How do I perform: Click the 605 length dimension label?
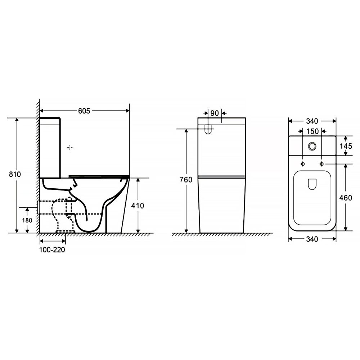[84, 111]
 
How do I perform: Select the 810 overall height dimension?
[15, 174]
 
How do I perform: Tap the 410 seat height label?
[138, 206]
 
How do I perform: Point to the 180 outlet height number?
[27, 220]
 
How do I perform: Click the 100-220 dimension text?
[52, 249]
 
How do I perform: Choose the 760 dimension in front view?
[186, 180]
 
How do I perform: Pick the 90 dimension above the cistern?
[215, 113]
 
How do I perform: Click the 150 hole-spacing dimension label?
[312, 131]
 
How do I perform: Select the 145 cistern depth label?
[346, 146]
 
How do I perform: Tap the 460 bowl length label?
[346, 198]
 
